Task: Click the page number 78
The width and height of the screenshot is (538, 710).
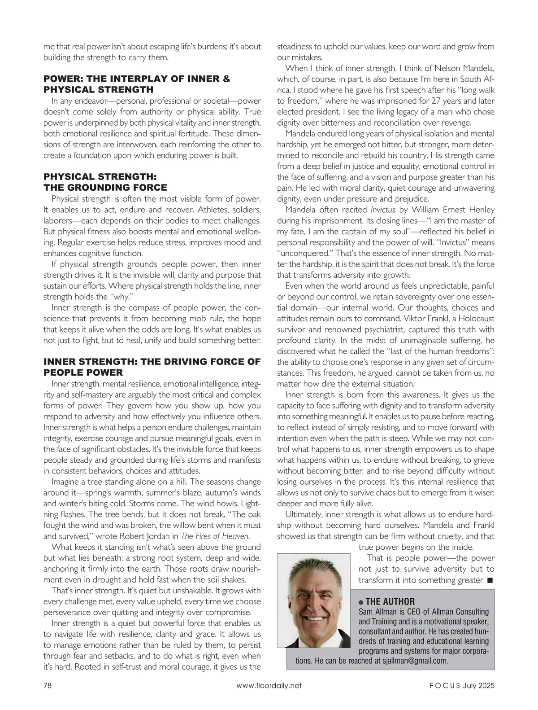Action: click(x=48, y=685)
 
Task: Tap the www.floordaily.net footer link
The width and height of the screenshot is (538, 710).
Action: click(x=269, y=685)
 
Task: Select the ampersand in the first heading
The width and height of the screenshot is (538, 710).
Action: click(x=226, y=79)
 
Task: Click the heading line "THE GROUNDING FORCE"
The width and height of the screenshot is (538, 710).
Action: click(x=105, y=188)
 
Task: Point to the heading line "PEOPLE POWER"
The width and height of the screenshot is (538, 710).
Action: click(x=83, y=373)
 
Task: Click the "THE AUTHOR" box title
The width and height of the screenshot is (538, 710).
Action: click(x=390, y=602)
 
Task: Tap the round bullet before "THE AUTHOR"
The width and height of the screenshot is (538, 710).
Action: click(x=361, y=602)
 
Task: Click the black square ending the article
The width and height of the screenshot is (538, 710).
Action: click(x=490, y=580)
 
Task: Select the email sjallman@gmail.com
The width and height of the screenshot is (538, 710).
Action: click(x=412, y=661)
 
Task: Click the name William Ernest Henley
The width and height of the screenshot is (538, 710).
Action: click(x=454, y=210)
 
